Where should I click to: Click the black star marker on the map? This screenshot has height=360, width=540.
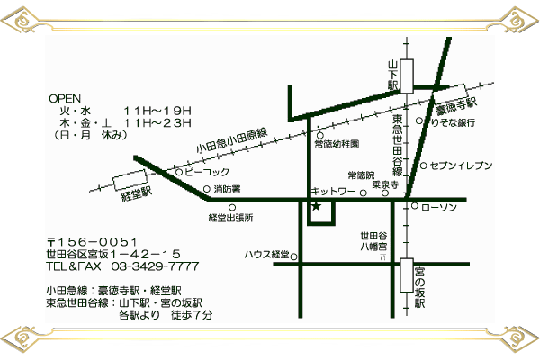[x=316, y=207]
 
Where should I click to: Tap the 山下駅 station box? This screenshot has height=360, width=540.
[x=406, y=75]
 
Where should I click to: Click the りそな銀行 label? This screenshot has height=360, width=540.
[x=453, y=122]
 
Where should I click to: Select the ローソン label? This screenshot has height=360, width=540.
[x=440, y=208]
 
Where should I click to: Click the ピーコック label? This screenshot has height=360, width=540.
[x=208, y=172]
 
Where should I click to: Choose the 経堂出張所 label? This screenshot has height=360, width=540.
[x=230, y=218]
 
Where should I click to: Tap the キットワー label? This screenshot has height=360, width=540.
[x=333, y=192]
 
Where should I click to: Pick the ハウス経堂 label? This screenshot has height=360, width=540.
[x=267, y=254]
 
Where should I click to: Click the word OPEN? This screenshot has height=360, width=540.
[x=65, y=98]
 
